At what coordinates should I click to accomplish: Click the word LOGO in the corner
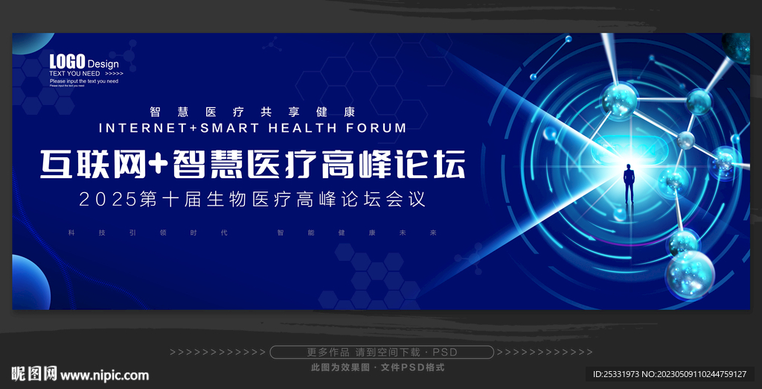click(67, 61)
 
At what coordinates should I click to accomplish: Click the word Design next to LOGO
click(103, 64)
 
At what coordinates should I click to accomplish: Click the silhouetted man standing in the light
click(629, 183)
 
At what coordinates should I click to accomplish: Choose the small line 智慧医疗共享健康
click(252, 112)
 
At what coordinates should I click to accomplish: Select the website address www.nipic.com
click(104, 375)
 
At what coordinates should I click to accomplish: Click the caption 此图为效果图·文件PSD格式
click(377, 367)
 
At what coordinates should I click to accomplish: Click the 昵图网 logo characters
click(33, 374)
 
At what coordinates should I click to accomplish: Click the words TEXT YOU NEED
click(74, 74)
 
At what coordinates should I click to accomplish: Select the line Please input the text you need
click(83, 81)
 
